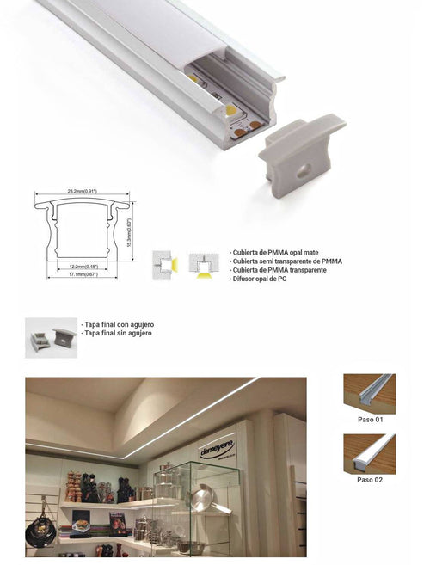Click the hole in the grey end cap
click(304, 170)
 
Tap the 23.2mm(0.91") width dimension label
click(83, 191)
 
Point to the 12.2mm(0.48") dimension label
click(83, 266)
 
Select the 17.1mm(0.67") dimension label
click(83, 275)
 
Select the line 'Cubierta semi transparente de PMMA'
click(287, 261)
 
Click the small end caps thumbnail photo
click(51, 338)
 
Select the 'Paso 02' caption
click(369, 480)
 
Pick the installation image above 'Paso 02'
click(369, 453)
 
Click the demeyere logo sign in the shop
click(217, 448)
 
